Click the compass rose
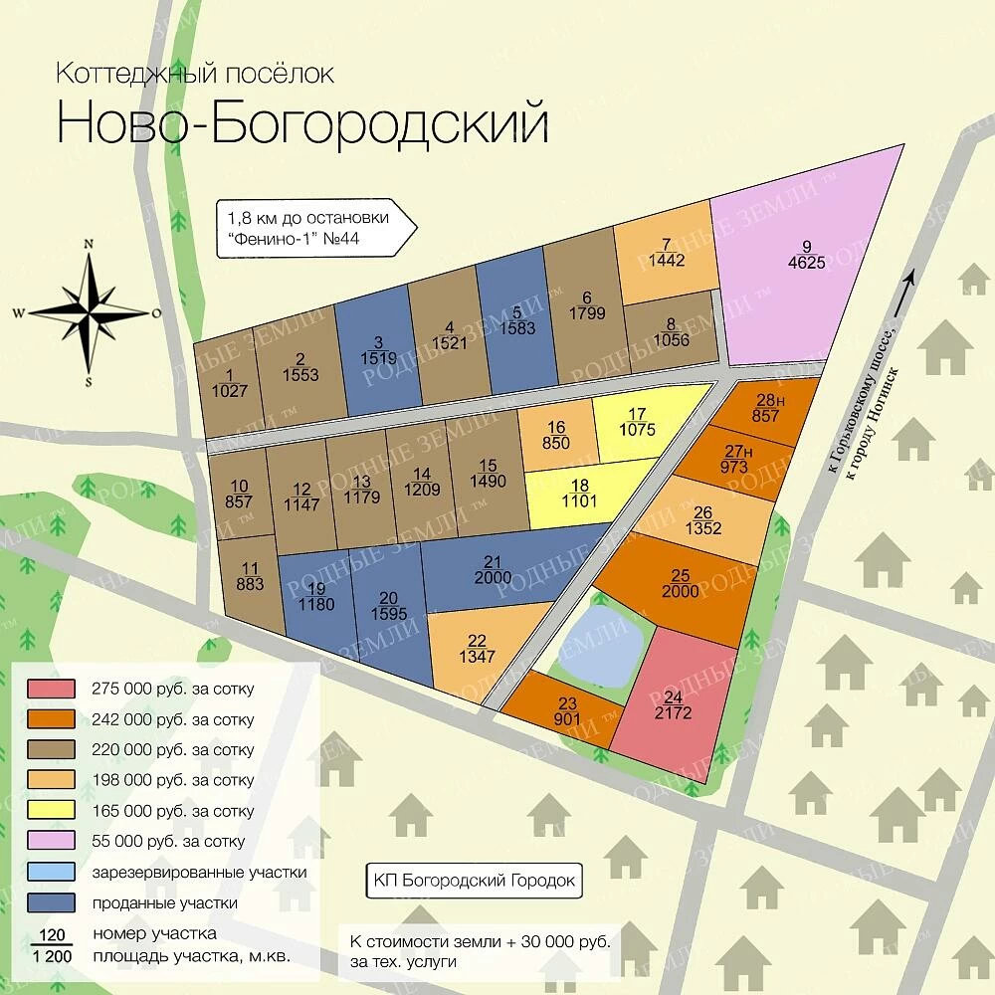coord(90,311)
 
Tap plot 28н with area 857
coord(765,408)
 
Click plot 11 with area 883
coord(250,576)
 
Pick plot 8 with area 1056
coord(669,329)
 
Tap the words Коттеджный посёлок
coord(194,74)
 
